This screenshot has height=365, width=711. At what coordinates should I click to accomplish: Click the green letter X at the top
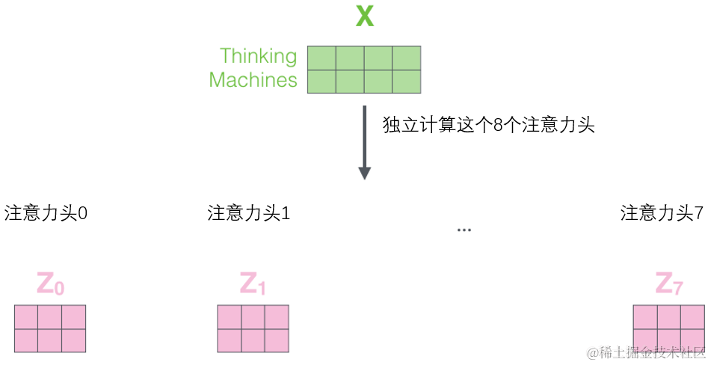[364, 16]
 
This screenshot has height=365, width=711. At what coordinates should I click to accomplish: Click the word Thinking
[258, 57]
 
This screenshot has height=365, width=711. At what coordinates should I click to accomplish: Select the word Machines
[253, 80]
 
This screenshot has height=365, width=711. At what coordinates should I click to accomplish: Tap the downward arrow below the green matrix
[364, 142]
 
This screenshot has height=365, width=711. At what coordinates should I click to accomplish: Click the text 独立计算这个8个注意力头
[488, 125]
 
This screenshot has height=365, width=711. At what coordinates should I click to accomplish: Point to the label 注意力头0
[46, 213]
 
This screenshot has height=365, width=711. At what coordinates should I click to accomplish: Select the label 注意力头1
[249, 213]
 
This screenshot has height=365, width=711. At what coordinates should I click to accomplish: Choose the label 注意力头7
[662, 213]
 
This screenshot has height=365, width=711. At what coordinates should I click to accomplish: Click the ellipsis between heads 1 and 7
[464, 229]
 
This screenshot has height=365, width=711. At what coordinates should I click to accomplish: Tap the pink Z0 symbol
[50, 284]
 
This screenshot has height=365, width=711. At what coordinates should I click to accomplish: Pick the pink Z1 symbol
[253, 284]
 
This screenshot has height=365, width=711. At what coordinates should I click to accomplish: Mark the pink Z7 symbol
[668, 284]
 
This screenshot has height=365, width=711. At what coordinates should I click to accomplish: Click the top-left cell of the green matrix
[321, 58]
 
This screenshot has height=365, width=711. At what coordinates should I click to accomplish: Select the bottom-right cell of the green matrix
[407, 81]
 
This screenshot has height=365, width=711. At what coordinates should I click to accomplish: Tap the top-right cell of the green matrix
[407, 58]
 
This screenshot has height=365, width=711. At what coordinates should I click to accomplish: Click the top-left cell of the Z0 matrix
[26, 317]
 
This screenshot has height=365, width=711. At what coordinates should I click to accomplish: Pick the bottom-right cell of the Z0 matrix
[73, 340]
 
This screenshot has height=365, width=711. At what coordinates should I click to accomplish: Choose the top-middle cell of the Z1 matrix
[253, 317]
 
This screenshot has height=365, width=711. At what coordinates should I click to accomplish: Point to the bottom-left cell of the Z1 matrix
[230, 340]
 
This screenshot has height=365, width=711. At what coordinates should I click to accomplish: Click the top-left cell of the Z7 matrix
[645, 317]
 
